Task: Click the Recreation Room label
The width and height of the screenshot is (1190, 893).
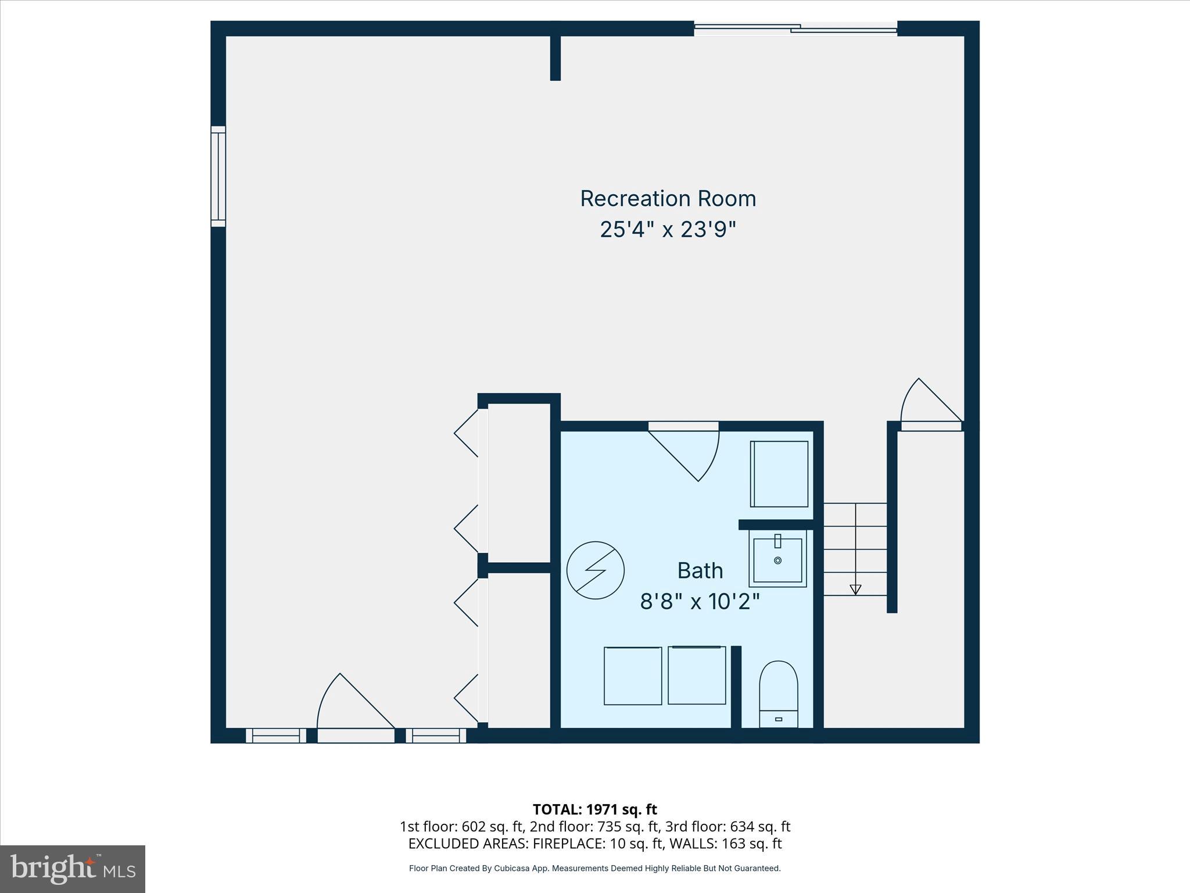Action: tap(668, 199)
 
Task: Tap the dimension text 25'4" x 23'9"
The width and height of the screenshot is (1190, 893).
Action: tap(668, 230)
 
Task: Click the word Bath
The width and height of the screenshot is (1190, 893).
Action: tap(700, 570)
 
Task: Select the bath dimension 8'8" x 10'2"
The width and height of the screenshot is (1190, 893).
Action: tap(700, 601)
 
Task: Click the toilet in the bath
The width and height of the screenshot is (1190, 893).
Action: tap(778, 692)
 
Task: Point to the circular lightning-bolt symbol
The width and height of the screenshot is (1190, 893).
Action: tap(595, 570)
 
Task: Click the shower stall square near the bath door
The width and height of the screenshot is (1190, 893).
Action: tap(779, 474)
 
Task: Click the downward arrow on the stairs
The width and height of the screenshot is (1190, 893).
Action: tap(855, 590)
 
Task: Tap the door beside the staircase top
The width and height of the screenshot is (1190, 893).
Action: tap(930, 407)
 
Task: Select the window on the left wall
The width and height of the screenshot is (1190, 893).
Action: tap(218, 176)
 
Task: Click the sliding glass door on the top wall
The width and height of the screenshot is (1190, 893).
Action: tap(795, 28)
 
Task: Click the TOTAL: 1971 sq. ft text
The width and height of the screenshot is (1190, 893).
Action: tap(594, 809)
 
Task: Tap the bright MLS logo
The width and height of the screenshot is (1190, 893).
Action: tap(73, 869)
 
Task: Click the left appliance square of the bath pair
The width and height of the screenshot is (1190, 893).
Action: tap(633, 676)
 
